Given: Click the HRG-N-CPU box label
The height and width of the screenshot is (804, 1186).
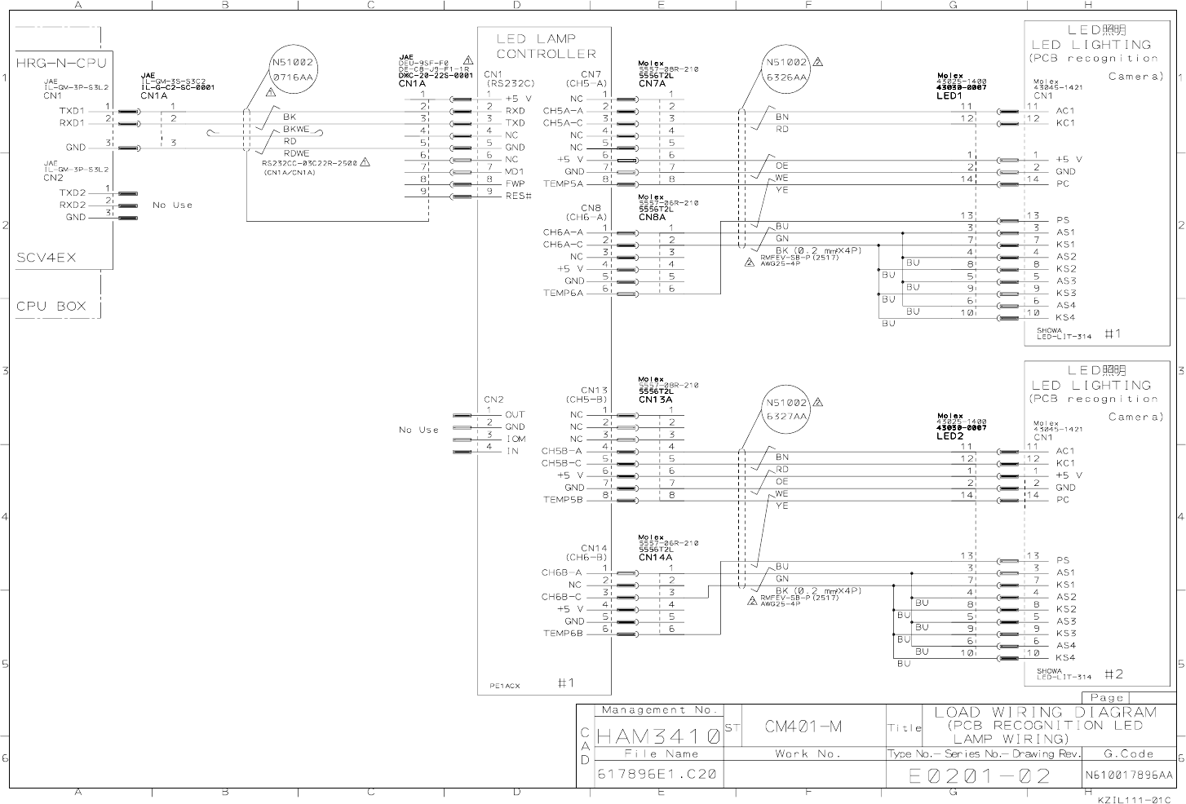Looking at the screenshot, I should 61,63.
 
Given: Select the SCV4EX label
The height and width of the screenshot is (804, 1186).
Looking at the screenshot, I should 46,258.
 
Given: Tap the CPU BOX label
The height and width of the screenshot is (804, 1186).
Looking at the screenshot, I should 51,307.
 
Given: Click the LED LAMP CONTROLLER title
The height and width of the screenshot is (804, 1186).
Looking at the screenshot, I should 546,46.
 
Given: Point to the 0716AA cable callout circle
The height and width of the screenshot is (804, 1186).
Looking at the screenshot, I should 292,69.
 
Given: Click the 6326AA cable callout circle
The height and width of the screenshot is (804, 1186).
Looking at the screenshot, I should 787,69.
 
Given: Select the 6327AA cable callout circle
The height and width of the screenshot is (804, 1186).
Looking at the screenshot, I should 787,410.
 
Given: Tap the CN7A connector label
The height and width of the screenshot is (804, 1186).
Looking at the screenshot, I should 653,83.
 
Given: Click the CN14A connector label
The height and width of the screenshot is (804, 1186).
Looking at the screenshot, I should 655,557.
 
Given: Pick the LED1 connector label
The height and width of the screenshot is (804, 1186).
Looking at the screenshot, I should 950,95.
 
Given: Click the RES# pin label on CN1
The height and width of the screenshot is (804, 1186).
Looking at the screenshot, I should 518,196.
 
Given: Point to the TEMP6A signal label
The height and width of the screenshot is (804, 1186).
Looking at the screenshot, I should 563,294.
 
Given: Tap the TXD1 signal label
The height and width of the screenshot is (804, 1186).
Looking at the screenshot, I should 72,111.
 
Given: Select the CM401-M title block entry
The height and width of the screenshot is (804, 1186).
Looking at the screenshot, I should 803,726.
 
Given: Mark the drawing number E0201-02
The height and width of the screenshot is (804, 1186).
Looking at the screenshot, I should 980,775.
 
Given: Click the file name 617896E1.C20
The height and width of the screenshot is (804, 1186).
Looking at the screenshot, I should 657,774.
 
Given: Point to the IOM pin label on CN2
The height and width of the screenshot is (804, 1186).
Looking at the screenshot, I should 515,439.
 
